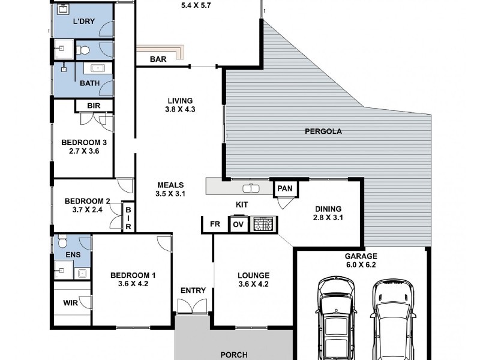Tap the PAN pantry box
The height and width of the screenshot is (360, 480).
(x=286, y=188)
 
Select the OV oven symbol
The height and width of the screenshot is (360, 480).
(x=238, y=224)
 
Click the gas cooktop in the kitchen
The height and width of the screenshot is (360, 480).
(x=263, y=224)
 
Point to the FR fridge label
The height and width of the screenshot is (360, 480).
(x=215, y=224)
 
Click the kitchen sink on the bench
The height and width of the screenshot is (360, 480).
(x=251, y=188)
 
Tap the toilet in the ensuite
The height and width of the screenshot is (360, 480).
(x=62, y=241)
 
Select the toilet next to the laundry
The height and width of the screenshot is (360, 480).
(x=83, y=50)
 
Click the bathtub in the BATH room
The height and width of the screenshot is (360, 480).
(x=97, y=68)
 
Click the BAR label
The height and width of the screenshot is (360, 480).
(x=158, y=59)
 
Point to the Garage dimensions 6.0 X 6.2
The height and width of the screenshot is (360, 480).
(x=361, y=265)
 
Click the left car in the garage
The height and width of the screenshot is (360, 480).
(x=336, y=319)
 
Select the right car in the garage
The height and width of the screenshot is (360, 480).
(x=393, y=319)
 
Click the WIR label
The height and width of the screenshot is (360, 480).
(x=70, y=303)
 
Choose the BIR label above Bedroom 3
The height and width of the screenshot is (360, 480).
(x=94, y=106)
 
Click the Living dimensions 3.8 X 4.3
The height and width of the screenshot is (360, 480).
(x=180, y=109)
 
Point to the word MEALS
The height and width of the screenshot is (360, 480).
(x=170, y=185)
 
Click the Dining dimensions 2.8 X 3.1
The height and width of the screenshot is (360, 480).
(x=328, y=218)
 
